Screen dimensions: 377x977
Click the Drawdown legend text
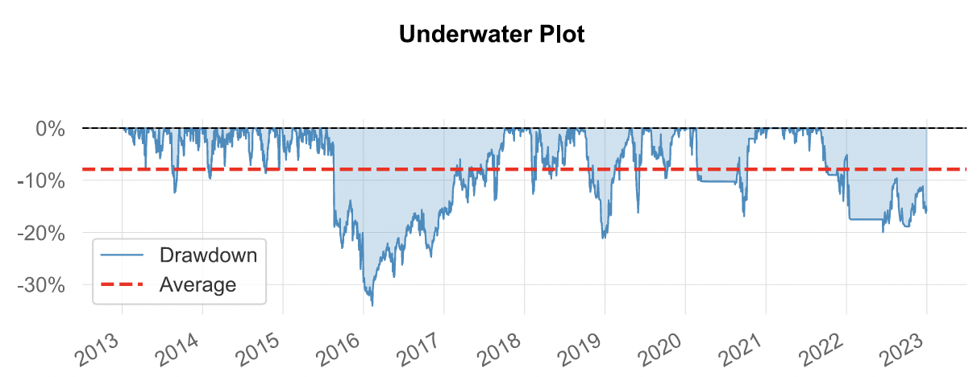coord(208,256)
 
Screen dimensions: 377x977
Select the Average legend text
coord(197,284)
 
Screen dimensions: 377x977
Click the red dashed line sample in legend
coord(122,284)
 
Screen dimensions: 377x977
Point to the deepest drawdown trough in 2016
coord(372,305)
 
